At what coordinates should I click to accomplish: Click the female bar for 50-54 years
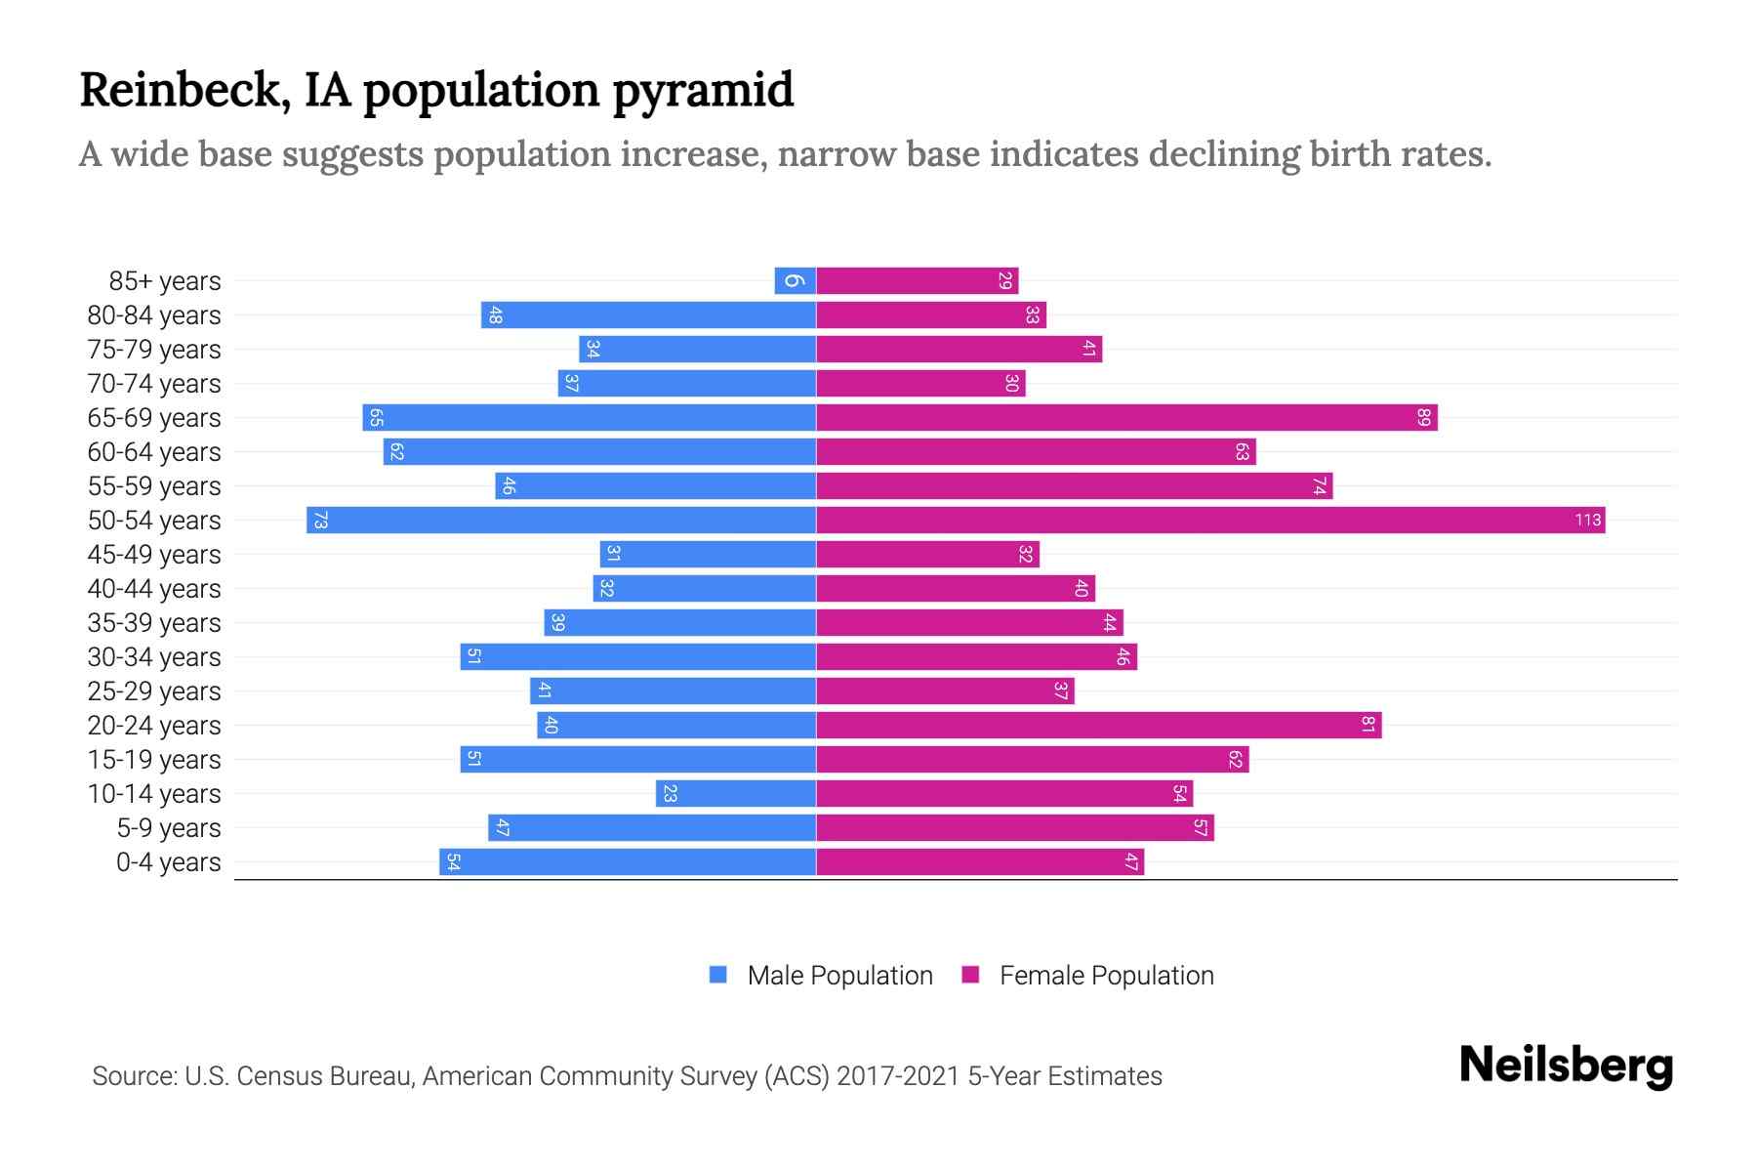(1210, 520)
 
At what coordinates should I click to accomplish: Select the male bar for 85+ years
(795, 280)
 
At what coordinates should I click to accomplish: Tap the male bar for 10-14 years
(736, 793)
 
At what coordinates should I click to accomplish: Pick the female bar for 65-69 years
(1126, 417)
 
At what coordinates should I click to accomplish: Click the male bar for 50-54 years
(561, 520)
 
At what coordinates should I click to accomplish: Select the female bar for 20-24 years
(1098, 725)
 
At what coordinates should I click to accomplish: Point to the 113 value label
(1587, 520)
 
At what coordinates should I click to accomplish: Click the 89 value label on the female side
(1423, 418)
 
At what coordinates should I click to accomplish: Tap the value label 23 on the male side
(670, 793)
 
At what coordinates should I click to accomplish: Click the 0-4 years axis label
(168, 862)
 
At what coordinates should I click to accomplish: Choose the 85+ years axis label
(164, 281)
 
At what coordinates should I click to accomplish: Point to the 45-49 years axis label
(154, 555)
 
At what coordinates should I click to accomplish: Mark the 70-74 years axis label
(154, 384)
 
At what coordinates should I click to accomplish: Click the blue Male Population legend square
(718, 975)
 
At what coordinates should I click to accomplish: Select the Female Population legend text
(1106, 976)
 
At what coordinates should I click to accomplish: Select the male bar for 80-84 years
(648, 314)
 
